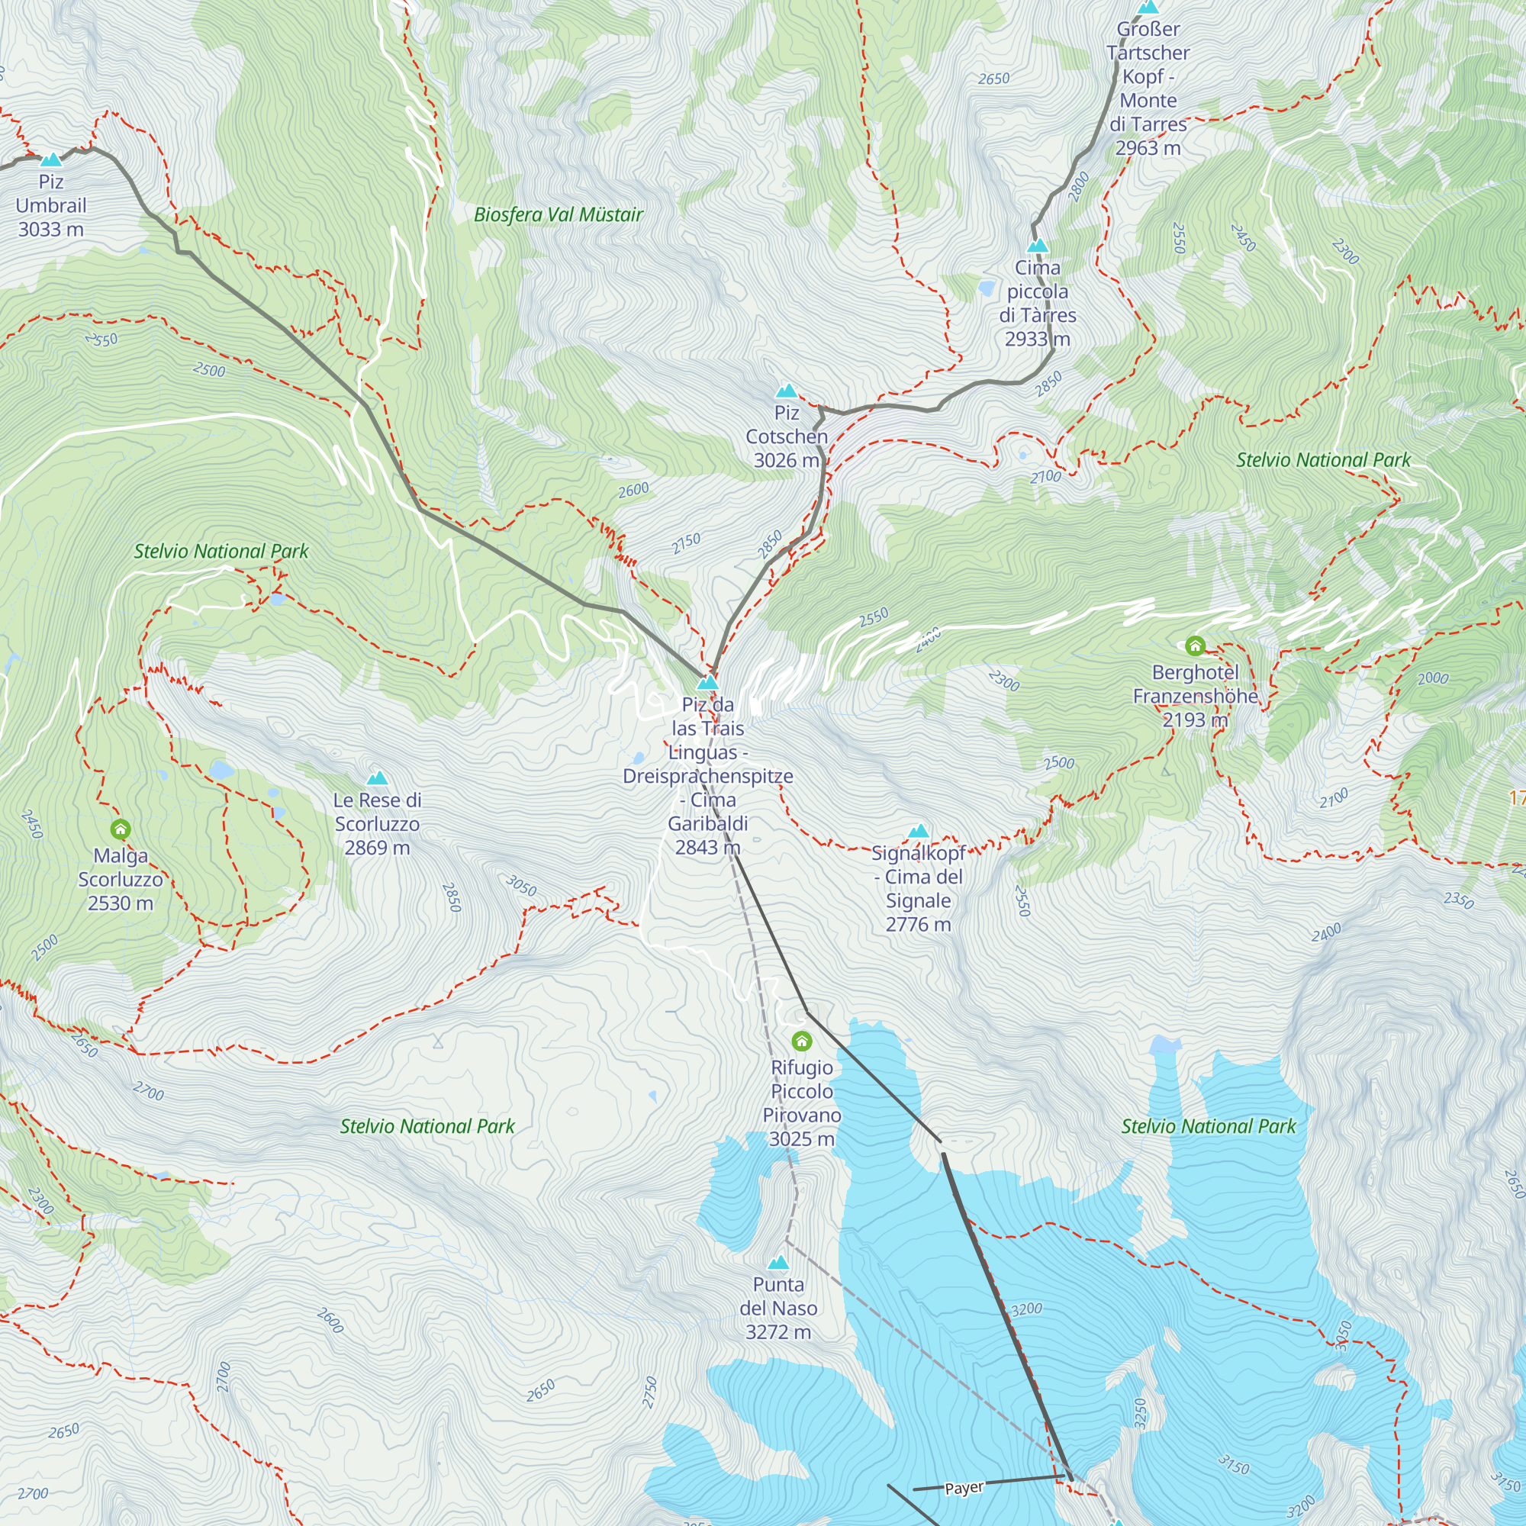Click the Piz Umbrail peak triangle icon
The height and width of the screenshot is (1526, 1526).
[51, 160]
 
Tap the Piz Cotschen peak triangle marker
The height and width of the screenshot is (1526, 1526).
[786, 391]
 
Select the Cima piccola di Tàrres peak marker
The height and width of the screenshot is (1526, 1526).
[1037, 246]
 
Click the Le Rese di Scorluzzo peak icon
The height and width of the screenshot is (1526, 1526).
[378, 779]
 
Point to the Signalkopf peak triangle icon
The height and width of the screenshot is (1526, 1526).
[918, 832]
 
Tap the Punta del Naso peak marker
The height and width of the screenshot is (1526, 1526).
[778, 1263]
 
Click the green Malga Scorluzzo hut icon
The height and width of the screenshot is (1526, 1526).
[120, 829]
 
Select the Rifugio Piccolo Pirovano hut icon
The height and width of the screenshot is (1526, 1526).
[802, 1041]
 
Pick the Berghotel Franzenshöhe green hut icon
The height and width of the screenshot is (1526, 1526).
[1195, 646]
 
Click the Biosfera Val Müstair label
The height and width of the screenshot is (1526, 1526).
[559, 215]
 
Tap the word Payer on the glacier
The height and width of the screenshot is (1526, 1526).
[964, 1488]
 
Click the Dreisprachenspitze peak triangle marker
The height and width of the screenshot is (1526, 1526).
[708, 682]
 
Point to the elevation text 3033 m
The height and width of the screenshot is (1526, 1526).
[51, 230]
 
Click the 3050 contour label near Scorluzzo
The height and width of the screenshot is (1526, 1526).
[521, 885]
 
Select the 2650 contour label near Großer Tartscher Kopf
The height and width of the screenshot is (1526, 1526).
[993, 79]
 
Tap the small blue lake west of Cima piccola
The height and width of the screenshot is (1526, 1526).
[986, 288]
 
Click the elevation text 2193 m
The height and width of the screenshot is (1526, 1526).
[1195, 720]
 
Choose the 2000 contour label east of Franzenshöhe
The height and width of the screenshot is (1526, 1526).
[1433, 678]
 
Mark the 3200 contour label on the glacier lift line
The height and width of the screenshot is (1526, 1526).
[1027, 1309]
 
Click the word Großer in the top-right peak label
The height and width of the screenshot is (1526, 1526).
[1148, 29]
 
